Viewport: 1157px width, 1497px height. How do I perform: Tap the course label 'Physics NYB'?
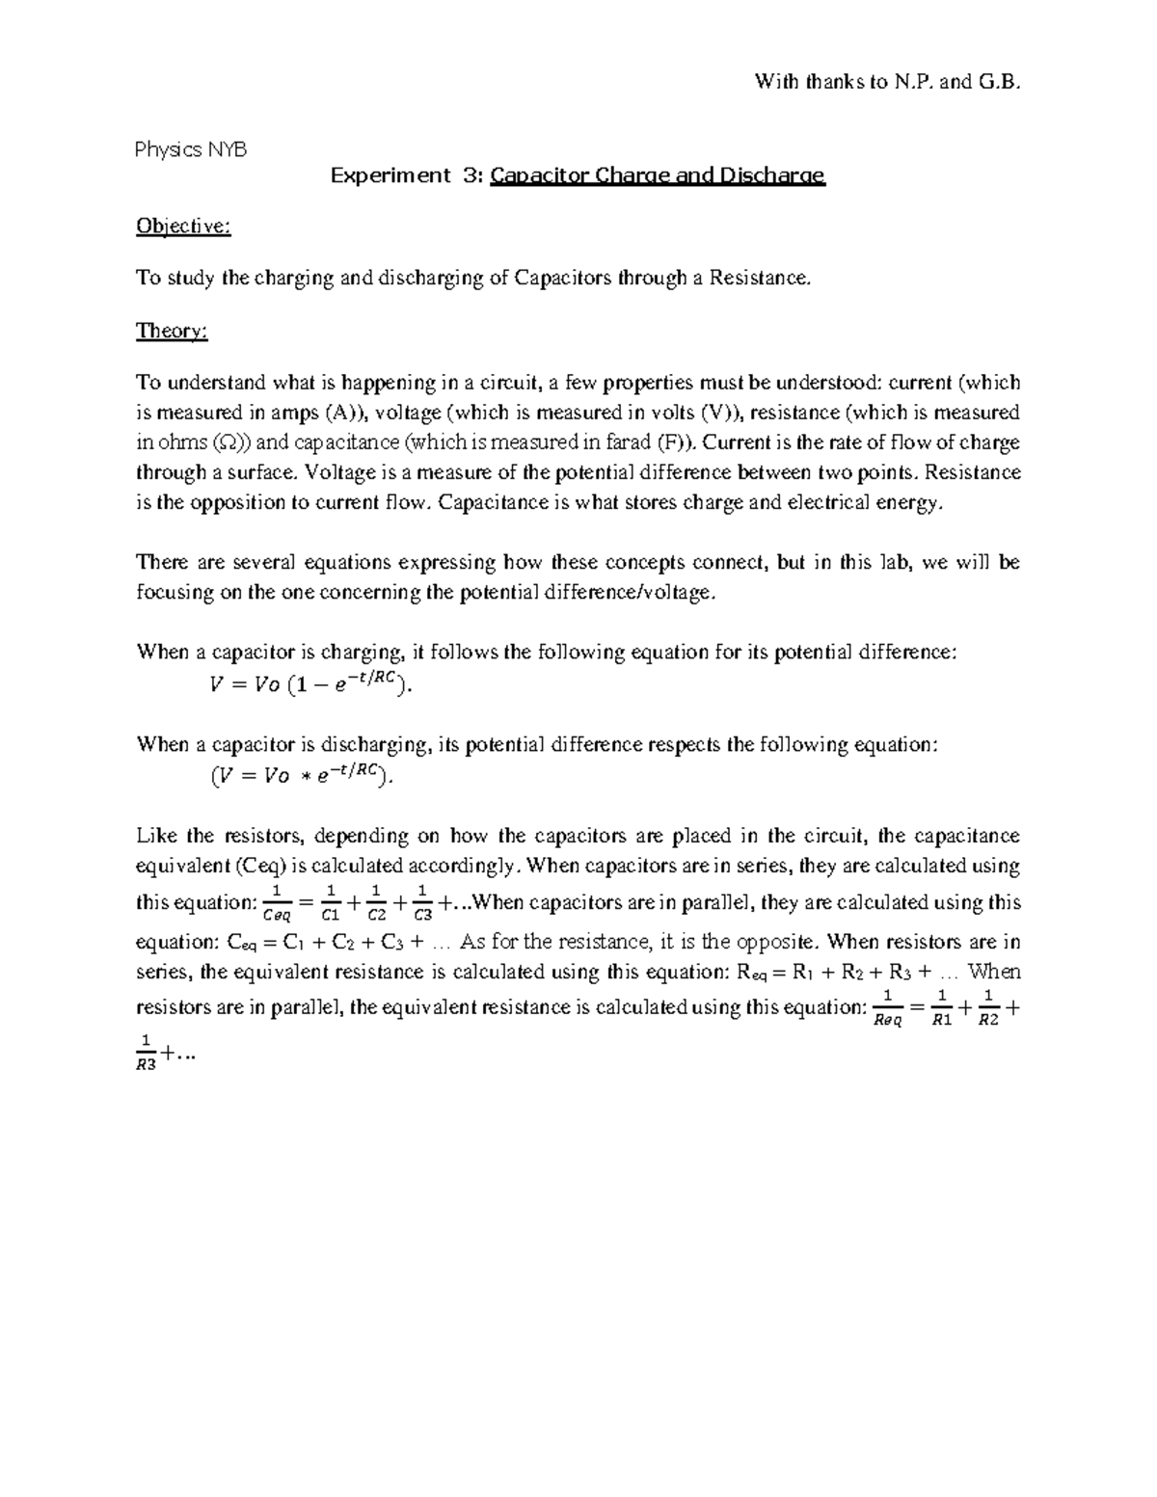click(x=191, y=149)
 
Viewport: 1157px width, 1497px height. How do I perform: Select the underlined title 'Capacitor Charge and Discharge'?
click(x=658, y=175)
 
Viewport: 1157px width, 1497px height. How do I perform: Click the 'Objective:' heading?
click(x=183, y=227)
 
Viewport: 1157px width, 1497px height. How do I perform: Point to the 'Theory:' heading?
click(x=172, y=331)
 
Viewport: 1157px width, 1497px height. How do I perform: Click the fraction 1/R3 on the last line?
click(x=146, y=1054)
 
